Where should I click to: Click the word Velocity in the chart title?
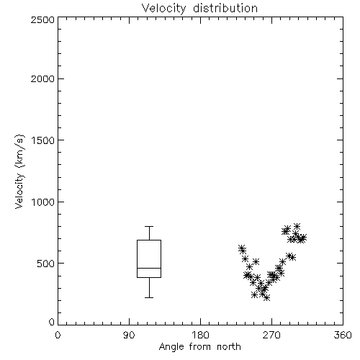tap(164, 9)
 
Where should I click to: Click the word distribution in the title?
tap(225, 8)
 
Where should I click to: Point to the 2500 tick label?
tap(42, 19)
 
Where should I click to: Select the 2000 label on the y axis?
tap(42, 78)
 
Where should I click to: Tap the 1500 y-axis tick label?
tap(43, 140)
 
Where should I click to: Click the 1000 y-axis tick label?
tap(43, 202)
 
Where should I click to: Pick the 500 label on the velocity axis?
tap(46, 264)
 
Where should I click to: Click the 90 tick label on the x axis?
tap(129, 335)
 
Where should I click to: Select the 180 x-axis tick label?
tap(200, 335)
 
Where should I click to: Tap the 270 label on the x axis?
tap(271, 335)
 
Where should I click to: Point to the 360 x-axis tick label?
tap(343, 335)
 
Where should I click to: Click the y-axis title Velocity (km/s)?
tap(19, 171)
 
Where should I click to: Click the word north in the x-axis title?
tap(229, 347)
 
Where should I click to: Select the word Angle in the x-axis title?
tap(171, 347)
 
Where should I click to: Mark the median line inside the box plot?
tap(149, 268)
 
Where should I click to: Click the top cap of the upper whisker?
tap(149, 226)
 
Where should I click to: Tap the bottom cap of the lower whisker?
tap(149, 297)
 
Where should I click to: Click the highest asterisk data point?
tap(297, 226)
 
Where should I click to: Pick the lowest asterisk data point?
tap(266, 298)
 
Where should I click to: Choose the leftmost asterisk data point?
tap(242, 248)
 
